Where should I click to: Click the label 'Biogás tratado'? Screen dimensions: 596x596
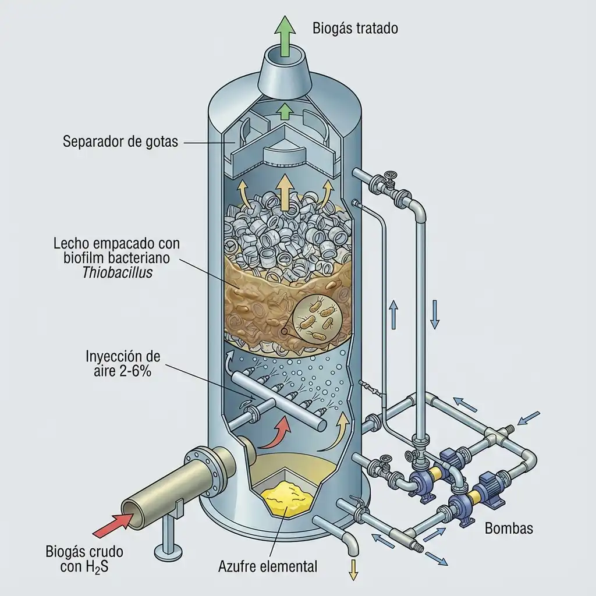[355, 27]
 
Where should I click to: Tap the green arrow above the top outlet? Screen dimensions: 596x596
[286, 35]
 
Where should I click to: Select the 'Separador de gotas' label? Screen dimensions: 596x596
[120, 141]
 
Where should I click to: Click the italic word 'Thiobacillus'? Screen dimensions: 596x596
[118, 272]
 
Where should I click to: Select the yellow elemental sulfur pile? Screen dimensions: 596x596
[287, 495]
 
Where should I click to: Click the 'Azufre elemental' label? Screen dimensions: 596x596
[268, 565]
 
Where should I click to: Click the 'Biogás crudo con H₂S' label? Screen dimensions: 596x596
[84, 559]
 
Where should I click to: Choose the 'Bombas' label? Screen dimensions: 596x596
[509, 528]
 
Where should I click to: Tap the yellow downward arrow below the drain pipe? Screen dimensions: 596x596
[352, 570]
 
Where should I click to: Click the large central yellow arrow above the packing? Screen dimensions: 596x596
[285, 190]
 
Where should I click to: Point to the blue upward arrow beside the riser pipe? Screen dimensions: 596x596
[393, 311]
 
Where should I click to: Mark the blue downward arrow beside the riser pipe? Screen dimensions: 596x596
[434, 314]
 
